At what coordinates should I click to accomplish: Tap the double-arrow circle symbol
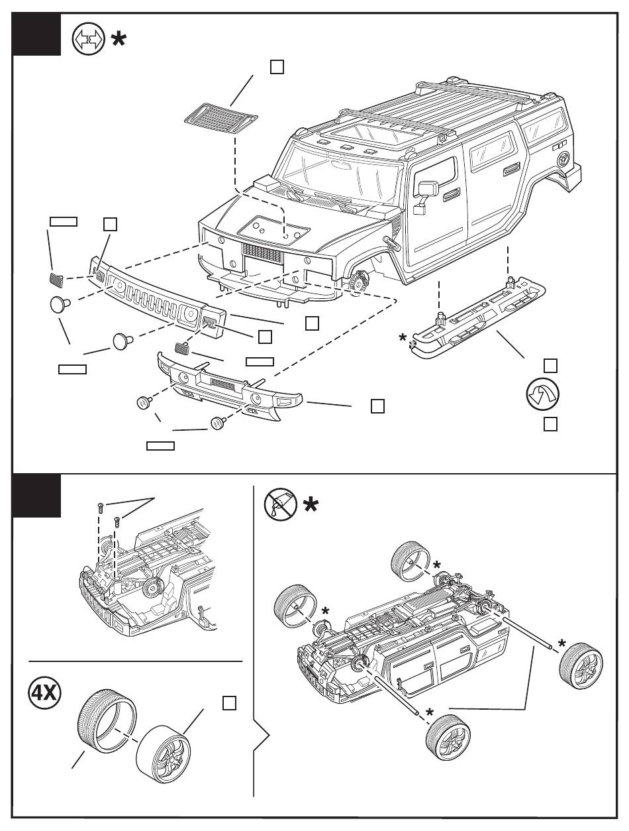click(88, 40)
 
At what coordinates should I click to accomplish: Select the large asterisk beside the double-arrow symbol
click(119, 40)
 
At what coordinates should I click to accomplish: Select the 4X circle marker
click(44, 694)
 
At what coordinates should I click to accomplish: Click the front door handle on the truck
click(452, 193)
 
